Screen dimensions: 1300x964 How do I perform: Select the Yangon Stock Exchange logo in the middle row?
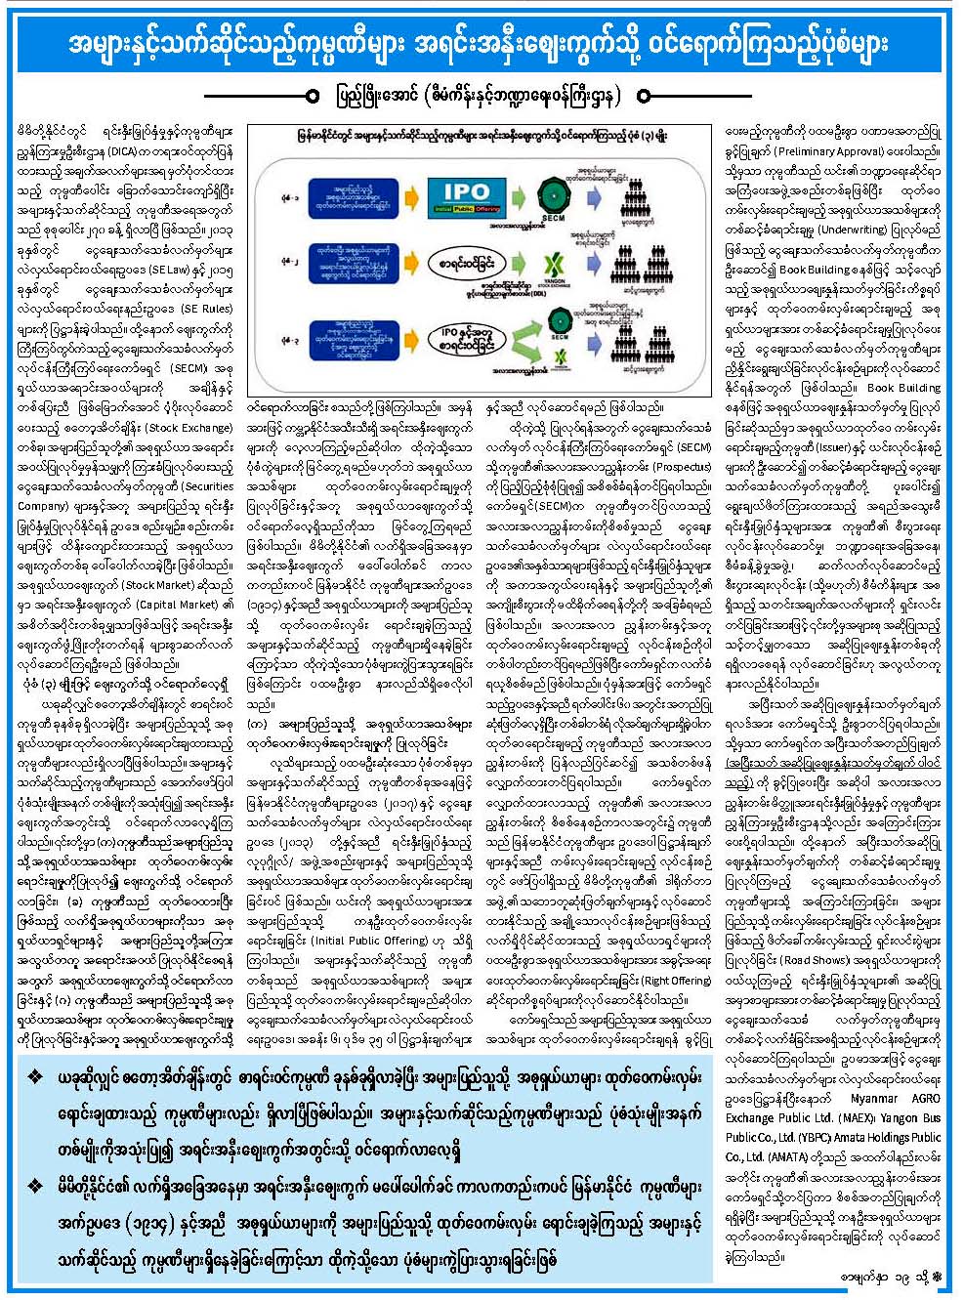click(552, 264)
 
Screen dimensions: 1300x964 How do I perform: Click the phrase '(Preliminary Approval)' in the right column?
click(830, 151)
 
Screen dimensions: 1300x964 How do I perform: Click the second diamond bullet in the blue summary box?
click(36, 1186)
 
